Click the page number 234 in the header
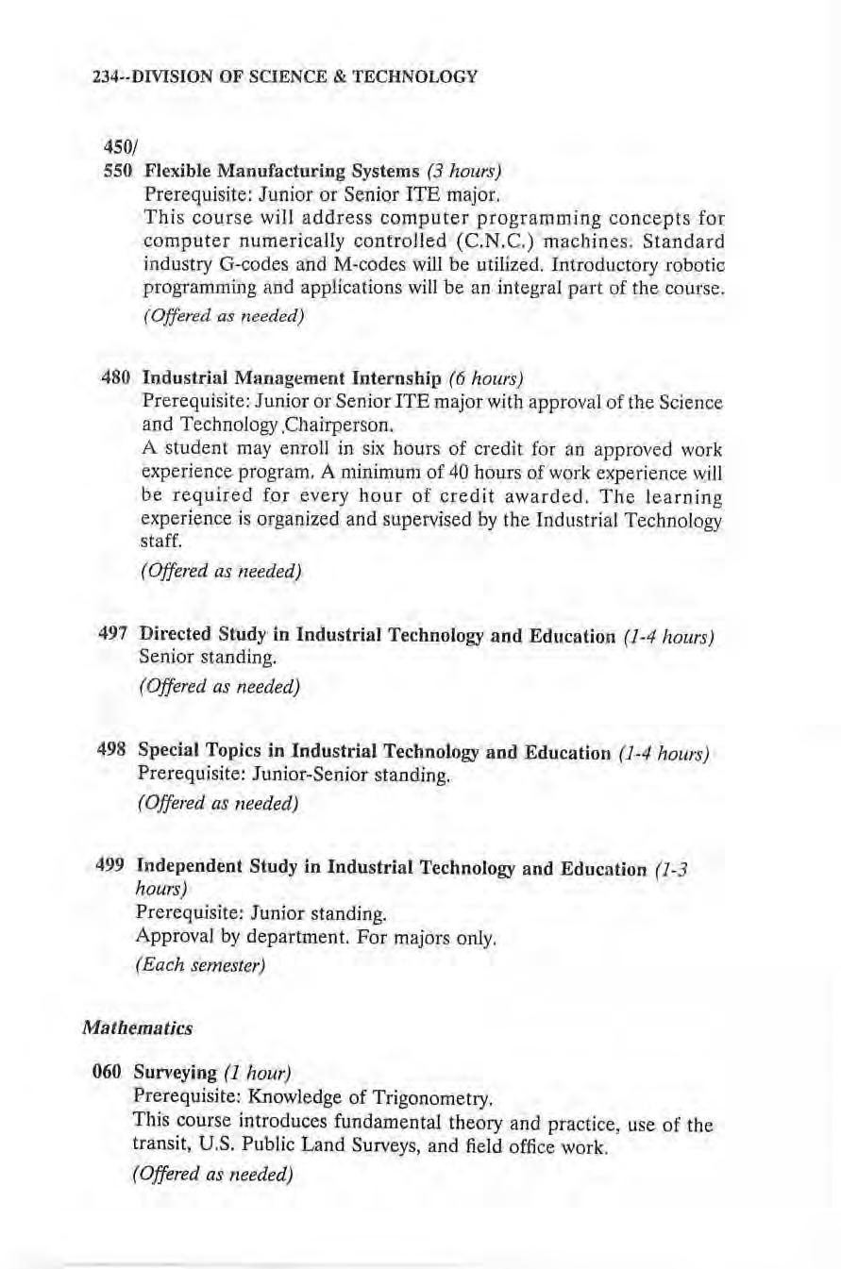coord(104,77)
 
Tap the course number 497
coord(113,633)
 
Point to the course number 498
coord(113,753)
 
